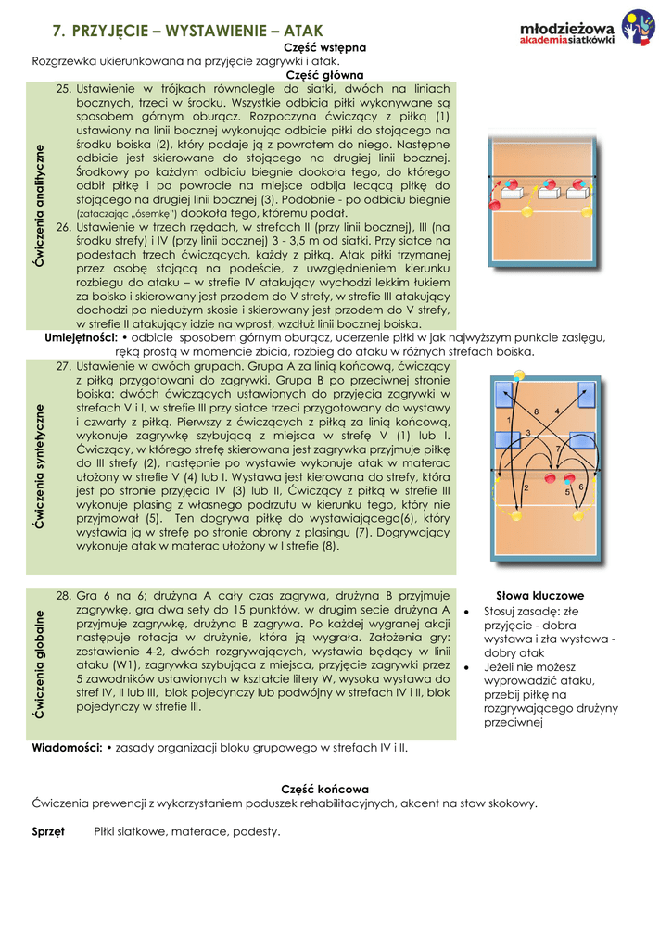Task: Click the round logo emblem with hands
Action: click(x=638, y=27)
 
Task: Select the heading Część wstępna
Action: click(x=324, y=47)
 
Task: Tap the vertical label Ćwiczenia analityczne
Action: click(x=39, y=205)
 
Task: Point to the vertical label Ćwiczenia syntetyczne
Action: click(x=39, y=467)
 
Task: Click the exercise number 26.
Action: click(x=64, y=226)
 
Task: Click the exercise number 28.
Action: click(x=64, y=596)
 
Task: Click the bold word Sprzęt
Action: click(x=48, y=831)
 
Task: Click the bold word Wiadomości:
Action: click(x=67, y=747)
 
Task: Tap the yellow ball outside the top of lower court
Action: click(x=519, y=375)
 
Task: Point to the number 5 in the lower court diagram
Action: click(x=567, y=491)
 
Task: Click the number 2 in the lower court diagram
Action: click(x=526, y=487)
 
